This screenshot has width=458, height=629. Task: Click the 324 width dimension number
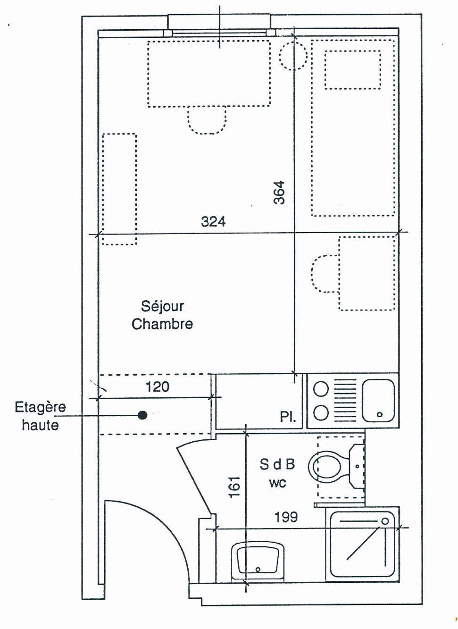[213, 221]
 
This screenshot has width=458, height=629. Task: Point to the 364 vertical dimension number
[279, 193]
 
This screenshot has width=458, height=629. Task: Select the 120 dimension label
[157, 387]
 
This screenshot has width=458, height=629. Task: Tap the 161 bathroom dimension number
[234, 486]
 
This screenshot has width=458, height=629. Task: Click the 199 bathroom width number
[286, 517]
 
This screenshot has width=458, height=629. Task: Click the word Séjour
[162, 306]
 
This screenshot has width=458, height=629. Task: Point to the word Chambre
[162, 324]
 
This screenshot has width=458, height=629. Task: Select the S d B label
[277, 464]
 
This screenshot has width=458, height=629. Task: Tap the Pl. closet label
[288, 417]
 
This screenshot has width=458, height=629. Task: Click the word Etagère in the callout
[40, 407]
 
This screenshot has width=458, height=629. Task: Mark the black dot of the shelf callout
[142, 415]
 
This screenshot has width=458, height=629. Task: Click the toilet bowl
[325, 467]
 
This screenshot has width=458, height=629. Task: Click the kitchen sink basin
[378, 400]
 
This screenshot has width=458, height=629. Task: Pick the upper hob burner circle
[321, 389]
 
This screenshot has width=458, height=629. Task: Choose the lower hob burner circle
[321, 413]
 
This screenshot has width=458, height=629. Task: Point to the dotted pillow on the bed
[352, 70]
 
